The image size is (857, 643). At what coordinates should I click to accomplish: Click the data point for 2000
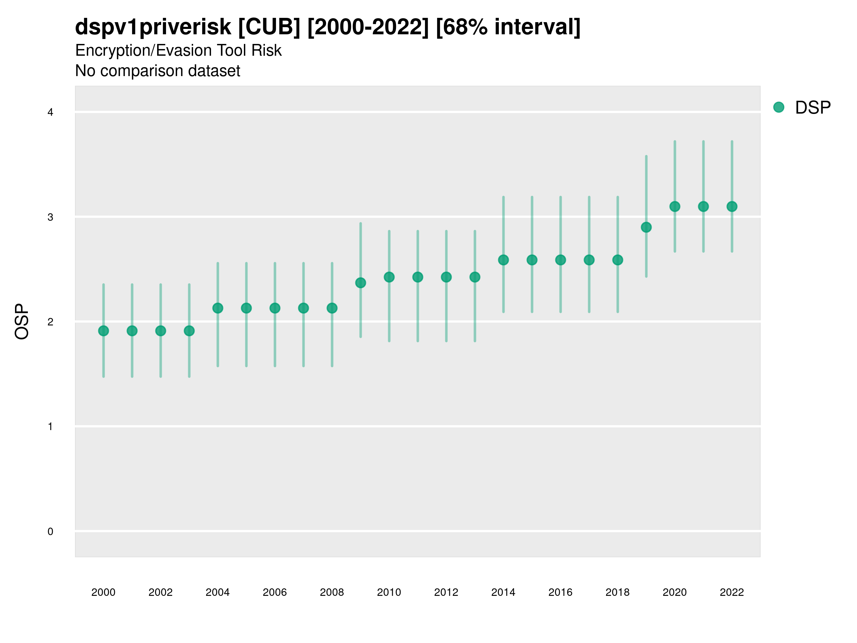(x=104, y=331)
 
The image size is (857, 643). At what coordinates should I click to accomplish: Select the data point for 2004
(x=218, y=308)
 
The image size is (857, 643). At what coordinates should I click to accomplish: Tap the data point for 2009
(x=361, y=283)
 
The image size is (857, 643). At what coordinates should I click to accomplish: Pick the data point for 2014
(x=503, y=260)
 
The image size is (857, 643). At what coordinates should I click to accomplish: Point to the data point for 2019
(x=646, y=228)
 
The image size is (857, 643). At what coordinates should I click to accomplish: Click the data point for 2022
(x=732, y=206)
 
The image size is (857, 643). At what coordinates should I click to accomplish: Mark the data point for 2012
(x=446, y=277)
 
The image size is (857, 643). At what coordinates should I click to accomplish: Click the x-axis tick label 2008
(x=332, y=592)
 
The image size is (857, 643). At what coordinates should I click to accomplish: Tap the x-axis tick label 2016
(x=561, y=592)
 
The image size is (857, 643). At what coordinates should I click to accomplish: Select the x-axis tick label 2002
(x=160, y=592)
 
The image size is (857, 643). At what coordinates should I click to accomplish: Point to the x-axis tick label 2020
(x=675, y=592)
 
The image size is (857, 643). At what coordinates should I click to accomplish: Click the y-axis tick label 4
(x=50, y=113)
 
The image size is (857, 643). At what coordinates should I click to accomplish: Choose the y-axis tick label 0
(x=50, y=532)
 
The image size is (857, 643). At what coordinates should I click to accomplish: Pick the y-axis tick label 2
(x=50, y=322)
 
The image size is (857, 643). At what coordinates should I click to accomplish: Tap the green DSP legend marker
(x=779, y=108)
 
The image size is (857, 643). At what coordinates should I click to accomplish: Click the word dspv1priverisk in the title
(x=153, y=27)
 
